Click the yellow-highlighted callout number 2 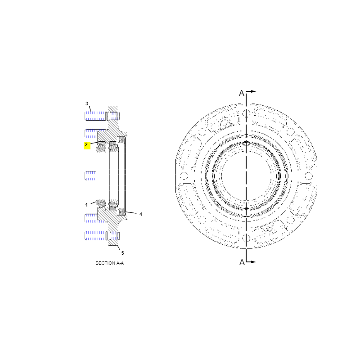86,145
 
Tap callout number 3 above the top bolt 87,103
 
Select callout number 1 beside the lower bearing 86,205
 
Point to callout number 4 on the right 141,214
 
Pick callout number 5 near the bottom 122,253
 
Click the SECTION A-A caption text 110,263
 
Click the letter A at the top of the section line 242,93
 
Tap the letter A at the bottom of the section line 242,262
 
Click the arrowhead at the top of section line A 253,91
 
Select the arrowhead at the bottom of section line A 253,262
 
